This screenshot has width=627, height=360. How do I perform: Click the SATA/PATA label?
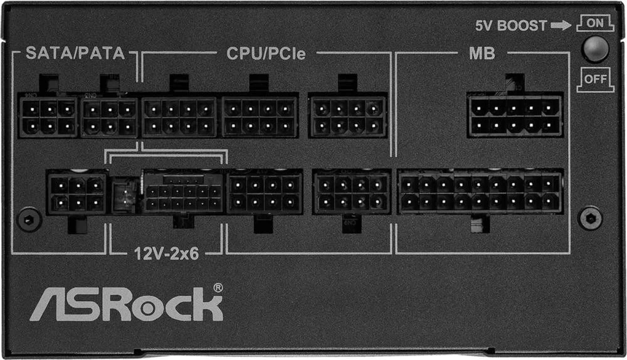click(x=75, y=53)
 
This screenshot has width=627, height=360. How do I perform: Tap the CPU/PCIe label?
click(x=266, y=53)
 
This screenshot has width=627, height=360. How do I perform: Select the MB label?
click(x=482, y=53)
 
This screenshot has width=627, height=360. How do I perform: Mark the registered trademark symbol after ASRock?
click(x=218, y=287)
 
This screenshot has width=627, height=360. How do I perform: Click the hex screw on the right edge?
click(x=590, y=218)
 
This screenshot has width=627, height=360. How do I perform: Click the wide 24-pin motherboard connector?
click(x=480, y=193)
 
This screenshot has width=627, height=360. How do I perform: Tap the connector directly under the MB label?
click(x=514, y=116)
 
